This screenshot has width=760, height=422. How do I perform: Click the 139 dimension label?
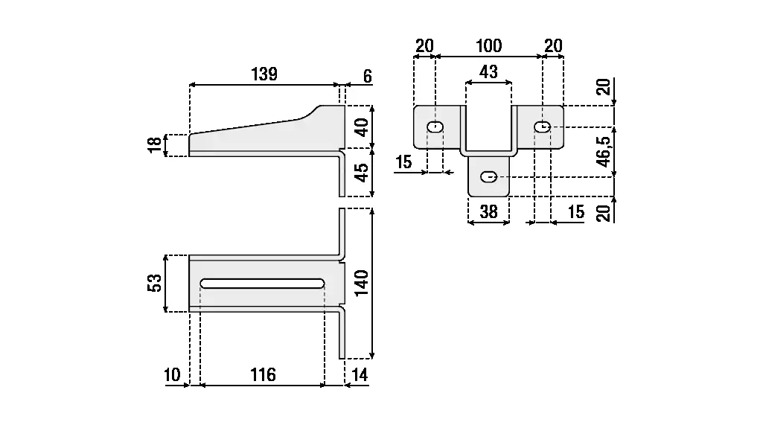pyautogui.click(x=264, y=74)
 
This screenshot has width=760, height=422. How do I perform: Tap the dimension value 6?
pyautogui.click(x=368, y=76)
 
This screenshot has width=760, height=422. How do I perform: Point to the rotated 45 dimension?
pyautogui.click(x=362, y=173)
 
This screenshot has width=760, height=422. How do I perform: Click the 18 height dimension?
pyautogui.click(x=154, y=145)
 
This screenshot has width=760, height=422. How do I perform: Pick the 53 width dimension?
pyautogui.click(x=154, y=284)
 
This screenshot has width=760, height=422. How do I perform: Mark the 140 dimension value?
pyautogui.click(x=362, y=284)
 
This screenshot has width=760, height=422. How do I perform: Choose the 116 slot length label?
pyautogui.click(x=261, y=374)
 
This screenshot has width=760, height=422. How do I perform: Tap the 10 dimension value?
pyautogui.click(x=173, y=374)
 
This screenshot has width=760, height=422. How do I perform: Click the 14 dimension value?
pyautogui.click(x=360, y=374)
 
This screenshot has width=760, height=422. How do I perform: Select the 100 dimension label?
pyautogui.click(x=488, y=46)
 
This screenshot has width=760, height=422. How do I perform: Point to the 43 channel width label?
pyautogui.click(x=488, y=72)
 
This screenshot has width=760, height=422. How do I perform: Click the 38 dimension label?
pyautogui.click(x=488, y=211)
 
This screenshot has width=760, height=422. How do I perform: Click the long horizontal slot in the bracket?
pyautogui.click(x=261, y=284)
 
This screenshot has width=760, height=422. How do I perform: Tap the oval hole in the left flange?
pyautogui.click(x=435, y=127)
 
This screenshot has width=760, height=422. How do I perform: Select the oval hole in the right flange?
pyautogui.click(x=543, y=127)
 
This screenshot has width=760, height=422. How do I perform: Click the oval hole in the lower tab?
pyautogui.click(x=489, y=177)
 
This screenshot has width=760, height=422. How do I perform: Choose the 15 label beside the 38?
pyautogui.click(x=575, y=211)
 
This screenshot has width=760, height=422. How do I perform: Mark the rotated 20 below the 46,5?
pyautogui.click(x=604, y=211)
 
